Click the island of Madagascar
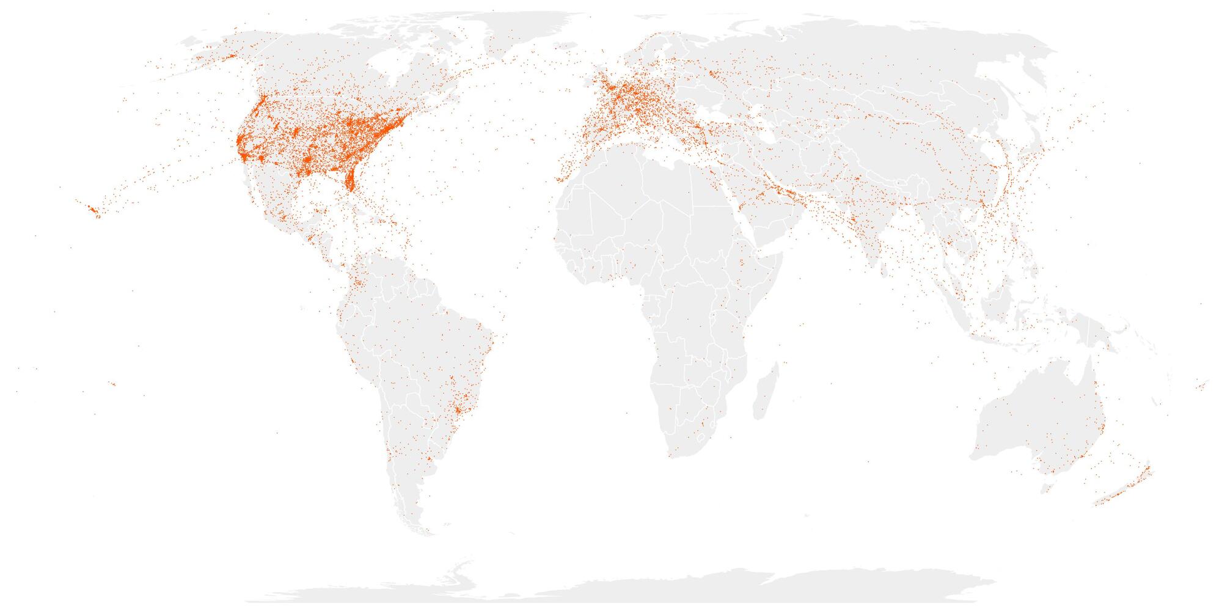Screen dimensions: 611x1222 coord(767,391)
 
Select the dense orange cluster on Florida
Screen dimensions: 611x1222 coord(350,180)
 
